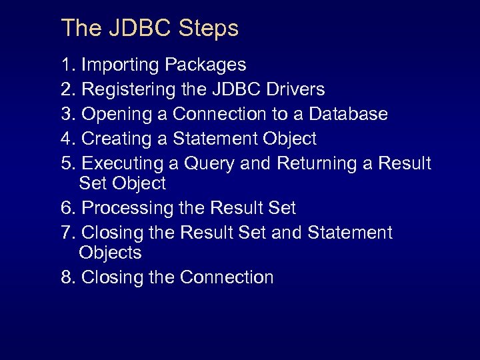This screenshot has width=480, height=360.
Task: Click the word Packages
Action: click(205, 65)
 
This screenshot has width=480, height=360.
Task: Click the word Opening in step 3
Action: click(117, 114)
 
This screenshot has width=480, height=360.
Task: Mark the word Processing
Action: click(128, 208)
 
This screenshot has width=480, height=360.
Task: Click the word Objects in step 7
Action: click(110, 253)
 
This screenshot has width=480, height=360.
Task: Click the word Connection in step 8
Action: click(227, 277)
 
